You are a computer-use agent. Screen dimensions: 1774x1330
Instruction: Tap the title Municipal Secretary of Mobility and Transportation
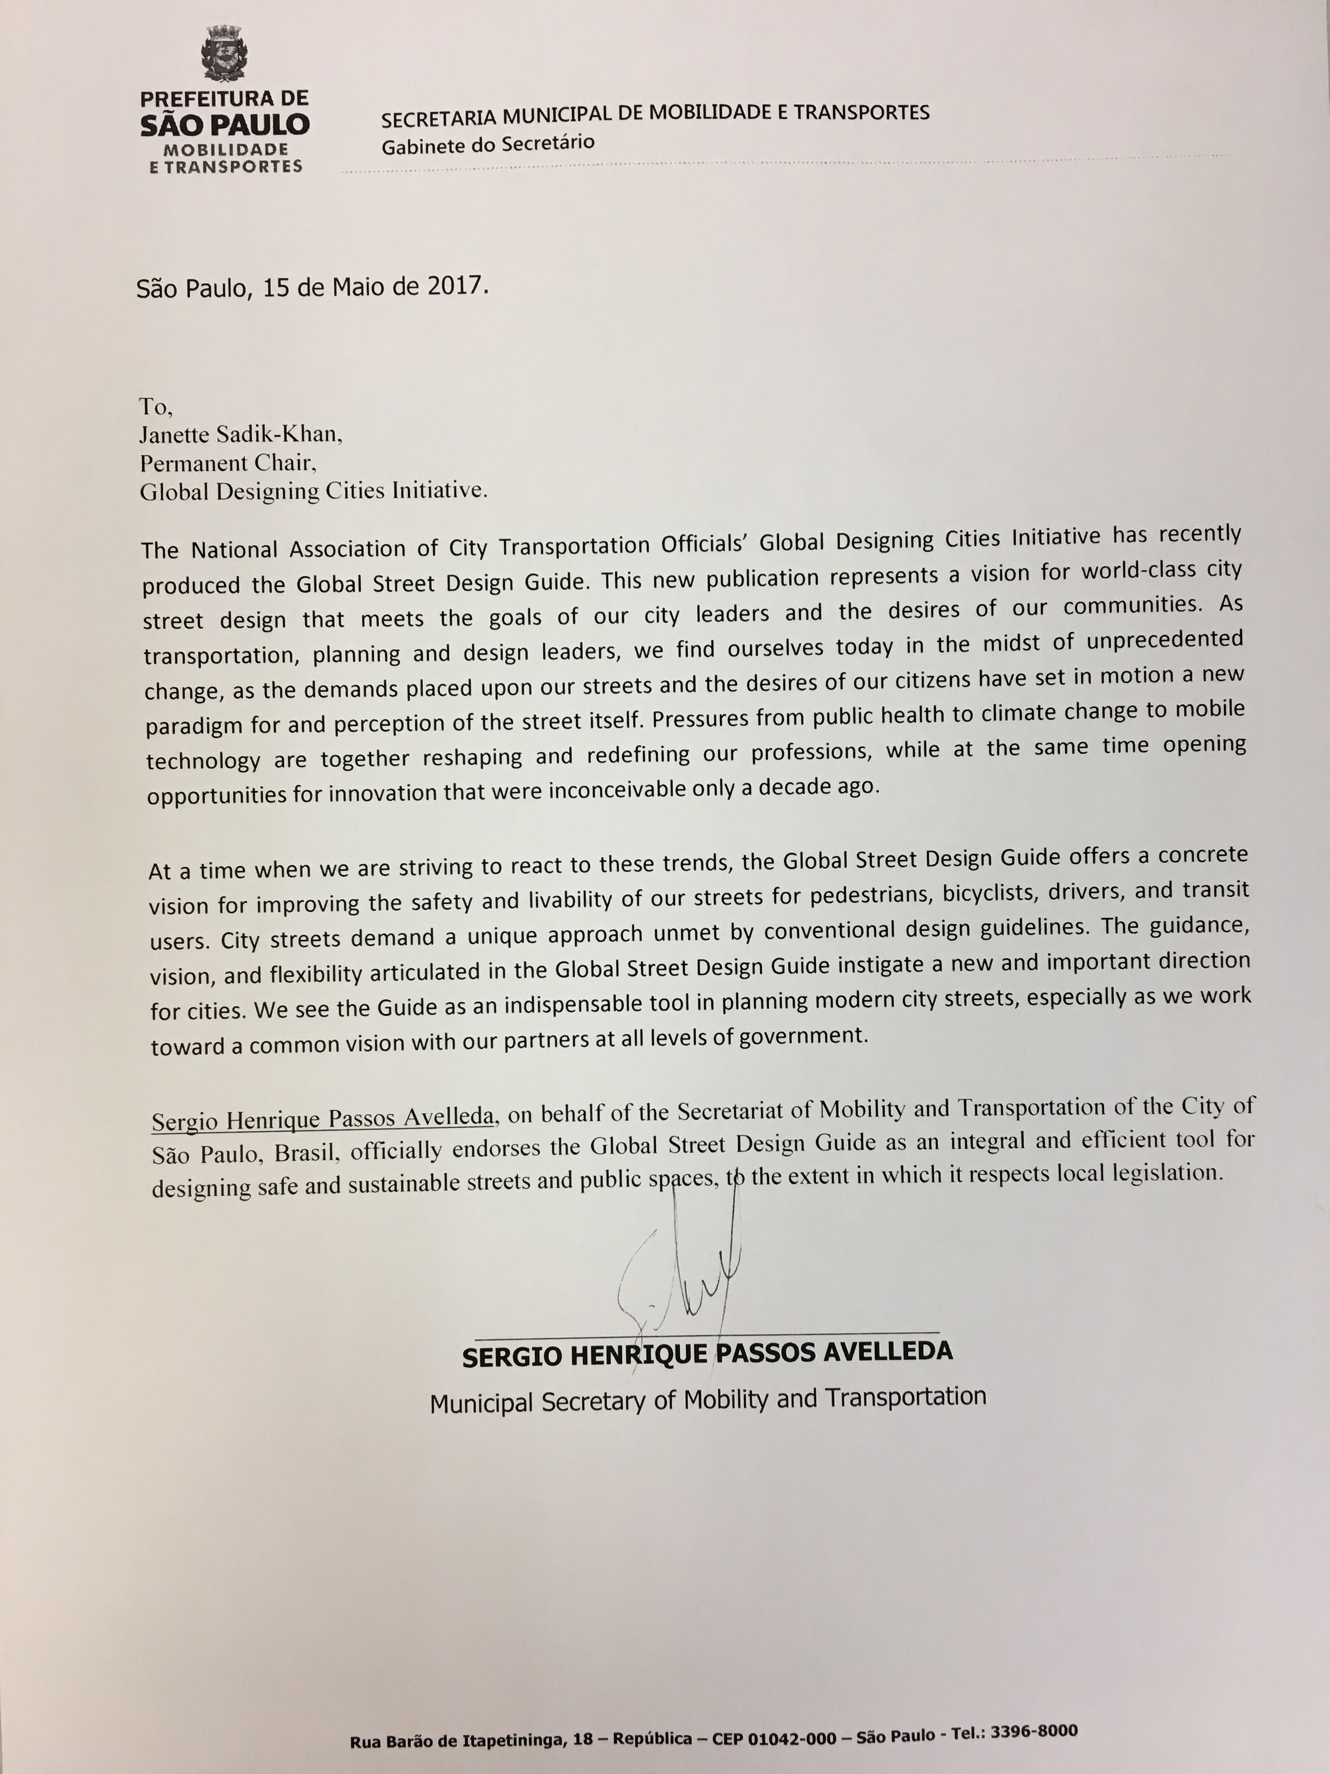click(x=707, y=1400)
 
